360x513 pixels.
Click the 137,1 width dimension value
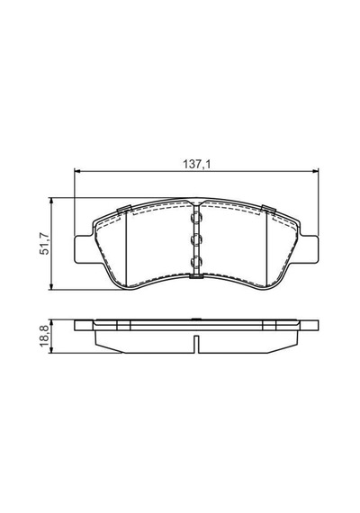(197, 164)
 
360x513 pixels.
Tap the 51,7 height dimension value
(44, 244)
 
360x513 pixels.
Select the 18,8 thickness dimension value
(44, 337)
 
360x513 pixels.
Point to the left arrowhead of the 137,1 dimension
(77, 170)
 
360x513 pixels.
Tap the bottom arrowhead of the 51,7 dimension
(50, 287)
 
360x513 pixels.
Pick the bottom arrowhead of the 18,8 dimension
(50, 350)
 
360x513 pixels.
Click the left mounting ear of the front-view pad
(85, 248)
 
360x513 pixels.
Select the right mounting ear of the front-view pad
(309, 248)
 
